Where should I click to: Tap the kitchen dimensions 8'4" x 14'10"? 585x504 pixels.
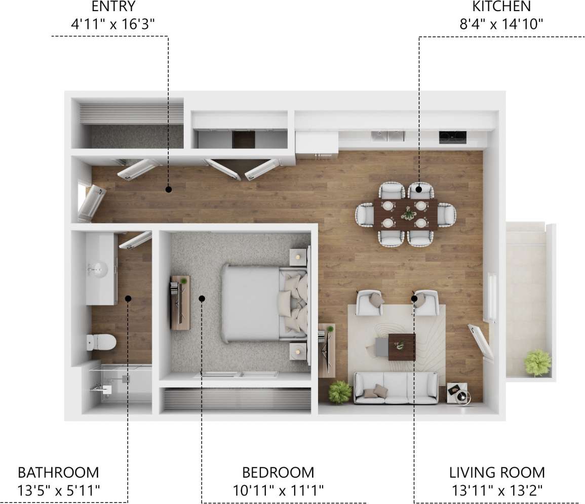501,23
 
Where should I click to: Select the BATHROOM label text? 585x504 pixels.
58,473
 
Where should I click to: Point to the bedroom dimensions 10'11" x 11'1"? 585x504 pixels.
278,490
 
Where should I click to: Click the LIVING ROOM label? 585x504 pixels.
497,473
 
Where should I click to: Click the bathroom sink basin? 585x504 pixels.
97,268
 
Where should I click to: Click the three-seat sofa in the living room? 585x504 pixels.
396,388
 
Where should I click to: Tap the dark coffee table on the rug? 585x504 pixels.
402,347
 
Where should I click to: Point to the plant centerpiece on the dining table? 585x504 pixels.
407,214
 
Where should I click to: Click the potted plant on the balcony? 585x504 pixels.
537,363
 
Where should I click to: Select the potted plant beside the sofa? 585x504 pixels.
340,392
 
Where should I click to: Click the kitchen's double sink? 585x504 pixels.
387,136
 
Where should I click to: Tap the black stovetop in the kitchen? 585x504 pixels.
452,136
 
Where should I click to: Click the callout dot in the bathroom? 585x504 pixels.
128,299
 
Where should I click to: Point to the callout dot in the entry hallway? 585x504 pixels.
169,189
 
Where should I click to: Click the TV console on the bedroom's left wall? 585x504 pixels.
180,302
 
